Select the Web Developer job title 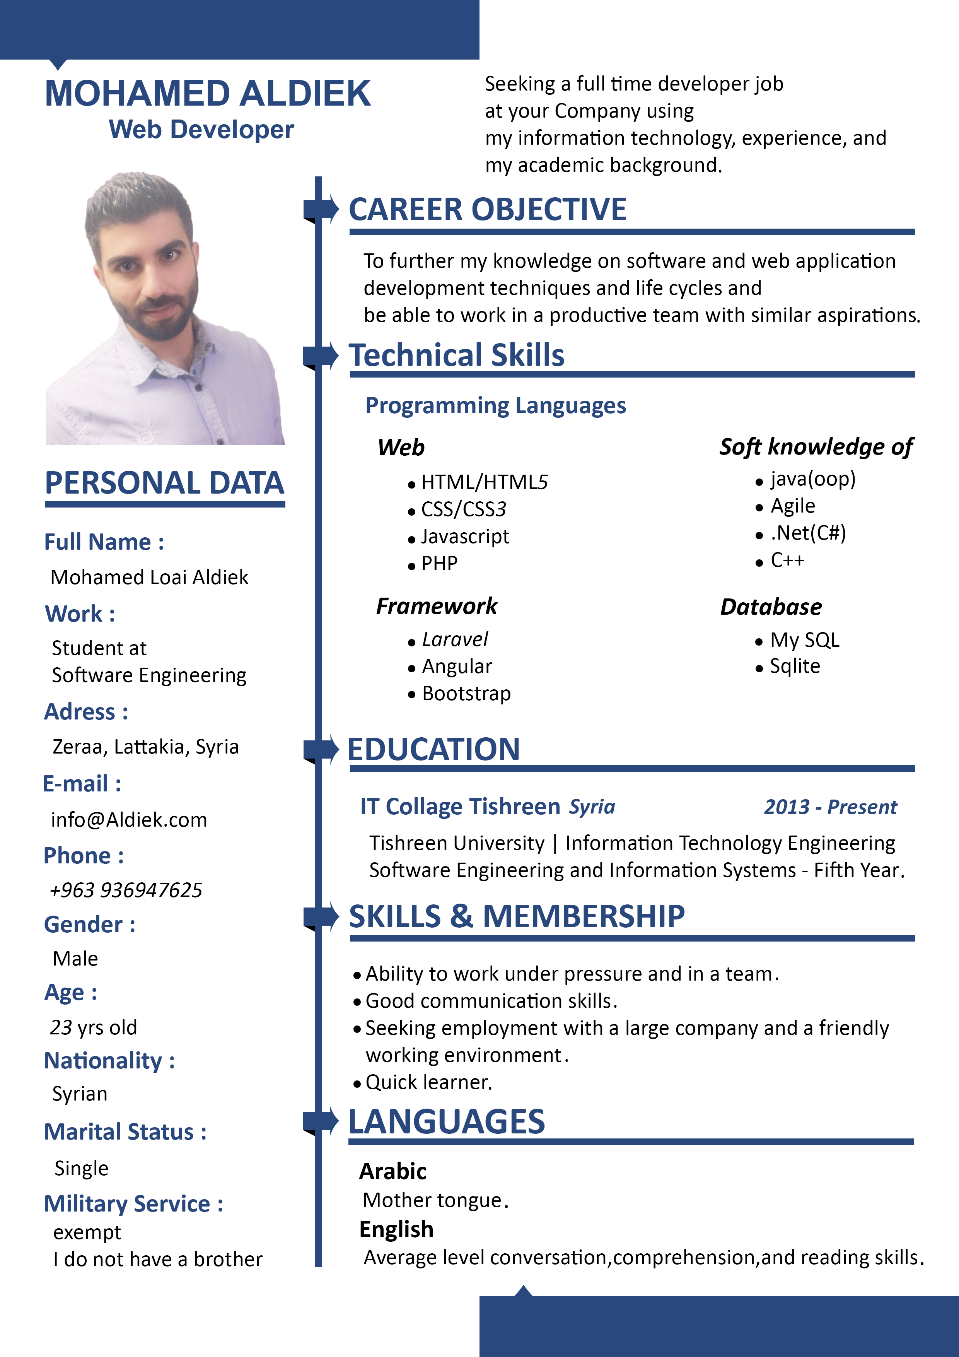201,130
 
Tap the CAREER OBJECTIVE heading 488,209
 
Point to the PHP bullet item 439,563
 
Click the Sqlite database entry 795,666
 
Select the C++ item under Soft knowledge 787,560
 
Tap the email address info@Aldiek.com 129,820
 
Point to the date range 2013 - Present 830,807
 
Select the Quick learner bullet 428,1082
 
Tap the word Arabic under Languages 393,1171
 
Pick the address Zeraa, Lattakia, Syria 145,747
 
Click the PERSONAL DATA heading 164,483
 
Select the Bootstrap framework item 466,693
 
